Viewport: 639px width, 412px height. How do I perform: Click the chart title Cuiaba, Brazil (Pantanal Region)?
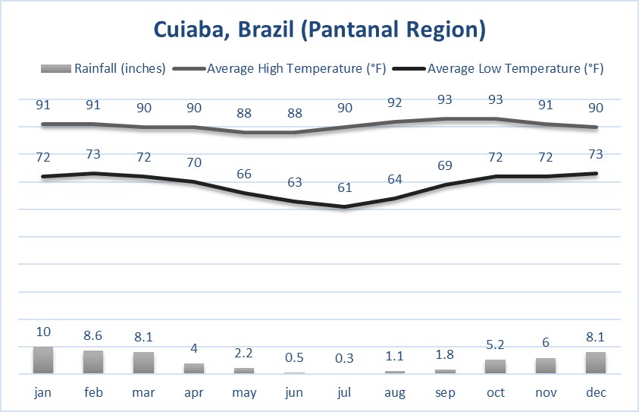[x=319, y=30]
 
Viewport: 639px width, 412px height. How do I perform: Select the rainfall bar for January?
[x=43, y=360]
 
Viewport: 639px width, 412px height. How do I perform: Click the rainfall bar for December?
[x=595, y=363]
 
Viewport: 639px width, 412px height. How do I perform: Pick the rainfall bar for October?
[x=495, y=366]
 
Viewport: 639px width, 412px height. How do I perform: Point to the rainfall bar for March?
[x=144, y=363]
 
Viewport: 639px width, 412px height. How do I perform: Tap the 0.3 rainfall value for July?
[x=344, y=358]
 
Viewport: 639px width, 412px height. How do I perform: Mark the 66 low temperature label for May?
[x=244, y=174]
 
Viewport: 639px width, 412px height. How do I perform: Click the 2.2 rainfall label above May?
[x=244, y=353]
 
